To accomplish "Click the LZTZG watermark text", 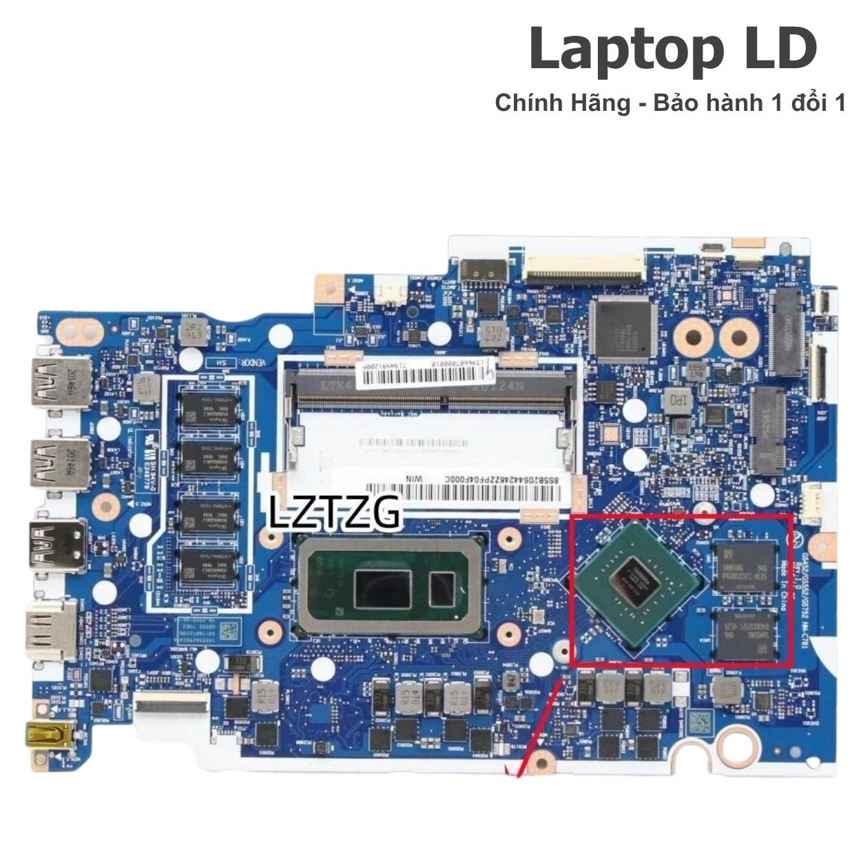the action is [x=334, y=512].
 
